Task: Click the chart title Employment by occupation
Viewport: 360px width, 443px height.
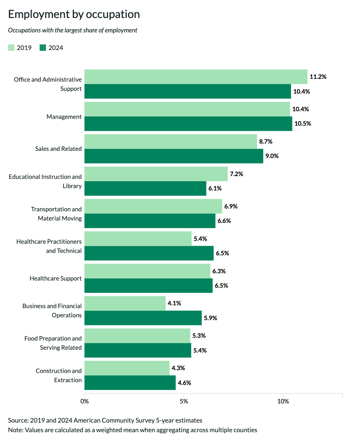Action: tap(74, 14)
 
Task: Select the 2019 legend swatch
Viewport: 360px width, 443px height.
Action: tap(11, 48)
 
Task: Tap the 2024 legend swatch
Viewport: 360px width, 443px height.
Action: tap(43, 48)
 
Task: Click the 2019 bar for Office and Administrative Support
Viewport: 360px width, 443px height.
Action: tap(196, 77)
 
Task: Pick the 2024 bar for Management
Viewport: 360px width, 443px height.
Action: tap(188, 124)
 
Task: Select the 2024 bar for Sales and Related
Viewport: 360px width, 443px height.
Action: tap(174, 156)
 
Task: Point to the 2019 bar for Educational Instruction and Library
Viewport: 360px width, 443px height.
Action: tap(156, 174)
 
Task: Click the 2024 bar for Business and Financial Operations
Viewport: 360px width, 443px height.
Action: tap(143, 318)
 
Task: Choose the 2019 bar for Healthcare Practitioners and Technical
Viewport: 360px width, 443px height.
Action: tap(138, 239)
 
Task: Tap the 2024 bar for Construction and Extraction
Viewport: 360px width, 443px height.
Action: tap(130, 383)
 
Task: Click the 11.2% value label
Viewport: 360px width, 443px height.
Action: tap(318, 77)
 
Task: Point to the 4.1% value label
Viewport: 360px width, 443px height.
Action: tap(174, 303)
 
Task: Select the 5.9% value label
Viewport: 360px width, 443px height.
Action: tap(211, 318)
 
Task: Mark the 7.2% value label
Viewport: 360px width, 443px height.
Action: tap(236, 174)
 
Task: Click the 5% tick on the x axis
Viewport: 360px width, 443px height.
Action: tap(184, 401)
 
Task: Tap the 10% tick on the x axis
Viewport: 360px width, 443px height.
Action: tap(283, 401)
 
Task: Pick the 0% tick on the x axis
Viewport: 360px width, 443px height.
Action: tap(84, 401)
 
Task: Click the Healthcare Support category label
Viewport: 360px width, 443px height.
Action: tap(56, 279)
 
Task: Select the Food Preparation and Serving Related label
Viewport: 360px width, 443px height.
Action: tap(53, 343)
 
